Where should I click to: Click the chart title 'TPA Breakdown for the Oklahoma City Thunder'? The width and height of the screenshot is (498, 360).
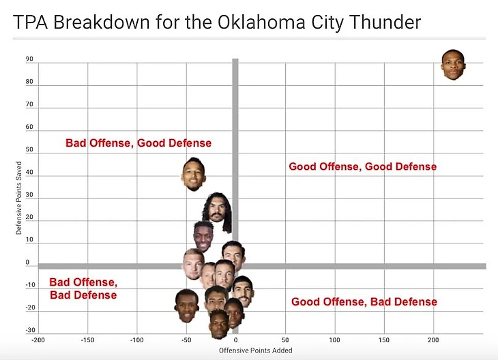217,22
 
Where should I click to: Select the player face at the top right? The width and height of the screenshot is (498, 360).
454,65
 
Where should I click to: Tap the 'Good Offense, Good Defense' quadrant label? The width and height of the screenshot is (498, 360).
362,166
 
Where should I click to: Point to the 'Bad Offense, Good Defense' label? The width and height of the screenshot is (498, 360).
138,143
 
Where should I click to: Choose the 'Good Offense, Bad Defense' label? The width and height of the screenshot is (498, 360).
364,302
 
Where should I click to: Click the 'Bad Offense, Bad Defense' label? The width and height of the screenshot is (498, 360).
83,288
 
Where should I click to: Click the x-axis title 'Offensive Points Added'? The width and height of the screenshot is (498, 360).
255,350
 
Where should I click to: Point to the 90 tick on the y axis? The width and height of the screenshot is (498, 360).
29,59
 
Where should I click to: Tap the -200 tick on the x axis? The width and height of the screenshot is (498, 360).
38,339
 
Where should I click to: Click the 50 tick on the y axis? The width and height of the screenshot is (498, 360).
29,149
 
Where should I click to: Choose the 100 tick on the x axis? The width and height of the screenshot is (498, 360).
334,339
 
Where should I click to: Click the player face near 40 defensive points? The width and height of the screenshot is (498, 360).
194,174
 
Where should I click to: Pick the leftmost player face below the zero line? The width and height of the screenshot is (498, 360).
186,305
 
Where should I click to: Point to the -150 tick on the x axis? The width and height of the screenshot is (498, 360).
87,339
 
